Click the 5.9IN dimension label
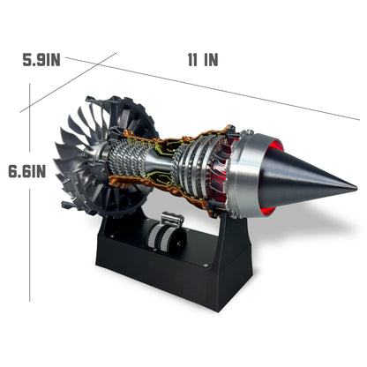pyautogui.click(x=41, y=60)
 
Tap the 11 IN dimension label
pyautogui.click(x=202, y=60)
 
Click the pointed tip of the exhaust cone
pyautogui.click(x=355, y=187)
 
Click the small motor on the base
pyautogui.click(x=164, y=235)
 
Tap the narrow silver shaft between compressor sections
pyautogui.click(x=158, y=162)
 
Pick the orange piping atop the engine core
pyautogui.click(x=168, y=141)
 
